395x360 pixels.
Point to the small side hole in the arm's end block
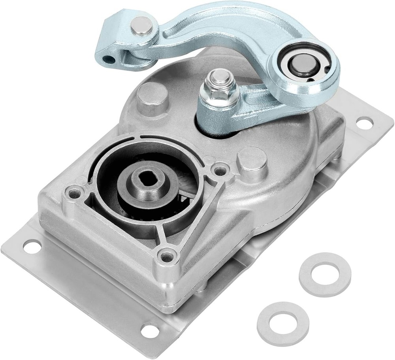(x=107, y=59)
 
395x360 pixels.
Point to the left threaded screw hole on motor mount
(x=73, y=194)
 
